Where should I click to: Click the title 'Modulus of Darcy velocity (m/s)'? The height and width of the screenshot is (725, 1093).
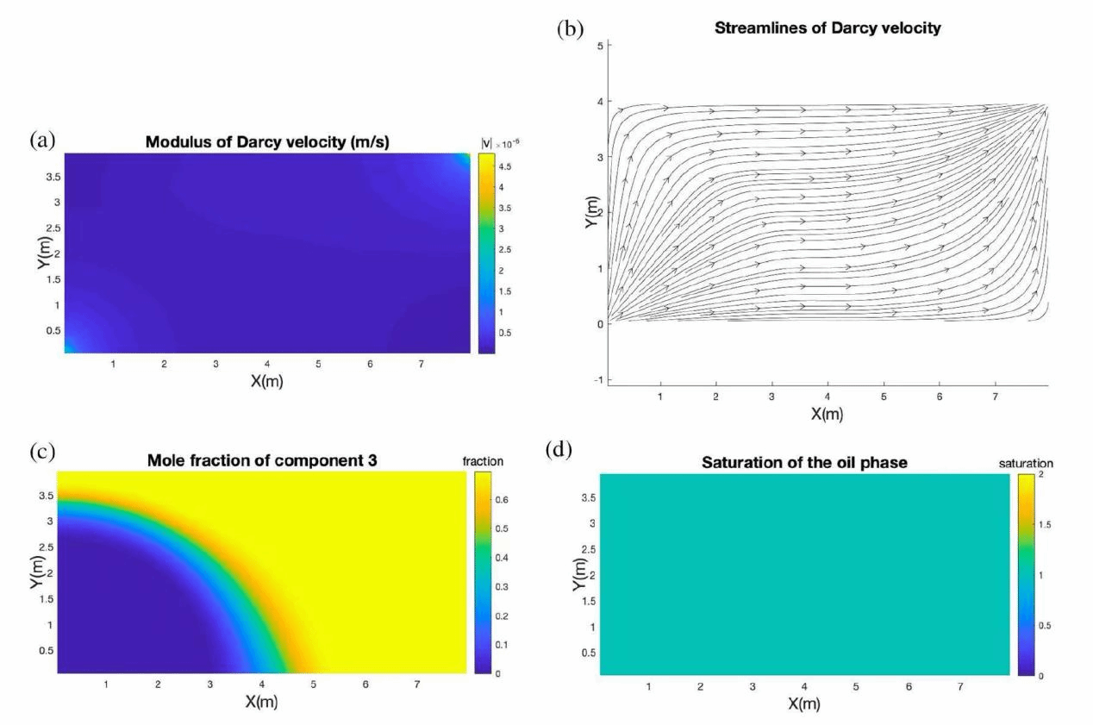click(267, 142)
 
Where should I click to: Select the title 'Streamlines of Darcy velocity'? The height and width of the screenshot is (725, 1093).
click(828, 28)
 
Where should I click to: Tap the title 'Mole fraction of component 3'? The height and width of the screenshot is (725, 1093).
click(262, 461)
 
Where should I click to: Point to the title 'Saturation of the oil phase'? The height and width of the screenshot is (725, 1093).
click(803, 463)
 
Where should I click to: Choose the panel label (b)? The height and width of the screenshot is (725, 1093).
click(570, 29)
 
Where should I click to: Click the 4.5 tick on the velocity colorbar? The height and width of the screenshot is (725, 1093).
click(507, 167)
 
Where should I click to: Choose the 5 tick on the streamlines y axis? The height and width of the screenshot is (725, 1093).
click(602, 44)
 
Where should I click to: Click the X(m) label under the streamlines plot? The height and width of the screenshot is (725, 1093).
click(827, 414)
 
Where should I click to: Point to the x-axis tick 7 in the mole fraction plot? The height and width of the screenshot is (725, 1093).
click(417, 684)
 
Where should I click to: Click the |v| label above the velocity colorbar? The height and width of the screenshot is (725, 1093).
click(484, 143)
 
